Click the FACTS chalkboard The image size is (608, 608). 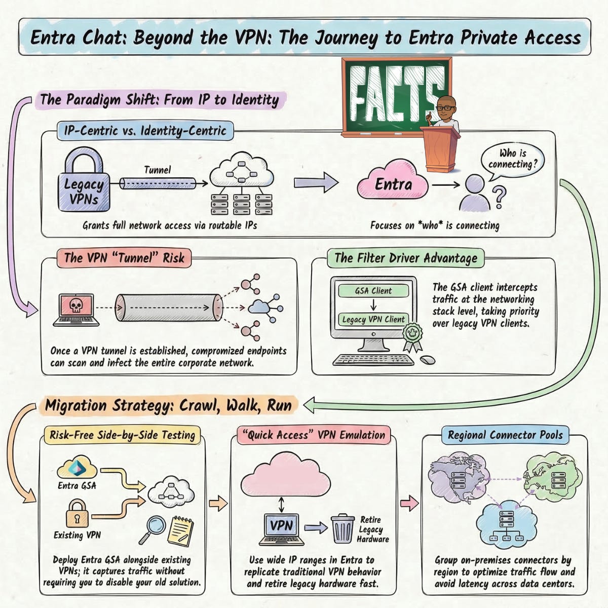390,96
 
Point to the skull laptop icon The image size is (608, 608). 75,309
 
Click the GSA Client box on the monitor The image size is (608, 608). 373,291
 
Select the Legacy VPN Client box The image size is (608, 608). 373,319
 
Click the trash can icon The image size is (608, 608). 343,528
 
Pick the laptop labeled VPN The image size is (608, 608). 282,528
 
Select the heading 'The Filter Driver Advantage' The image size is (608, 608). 406,258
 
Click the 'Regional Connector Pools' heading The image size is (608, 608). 505,435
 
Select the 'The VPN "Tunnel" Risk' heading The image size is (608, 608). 124,258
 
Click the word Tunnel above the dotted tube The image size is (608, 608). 158,170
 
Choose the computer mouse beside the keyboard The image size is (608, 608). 428,360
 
